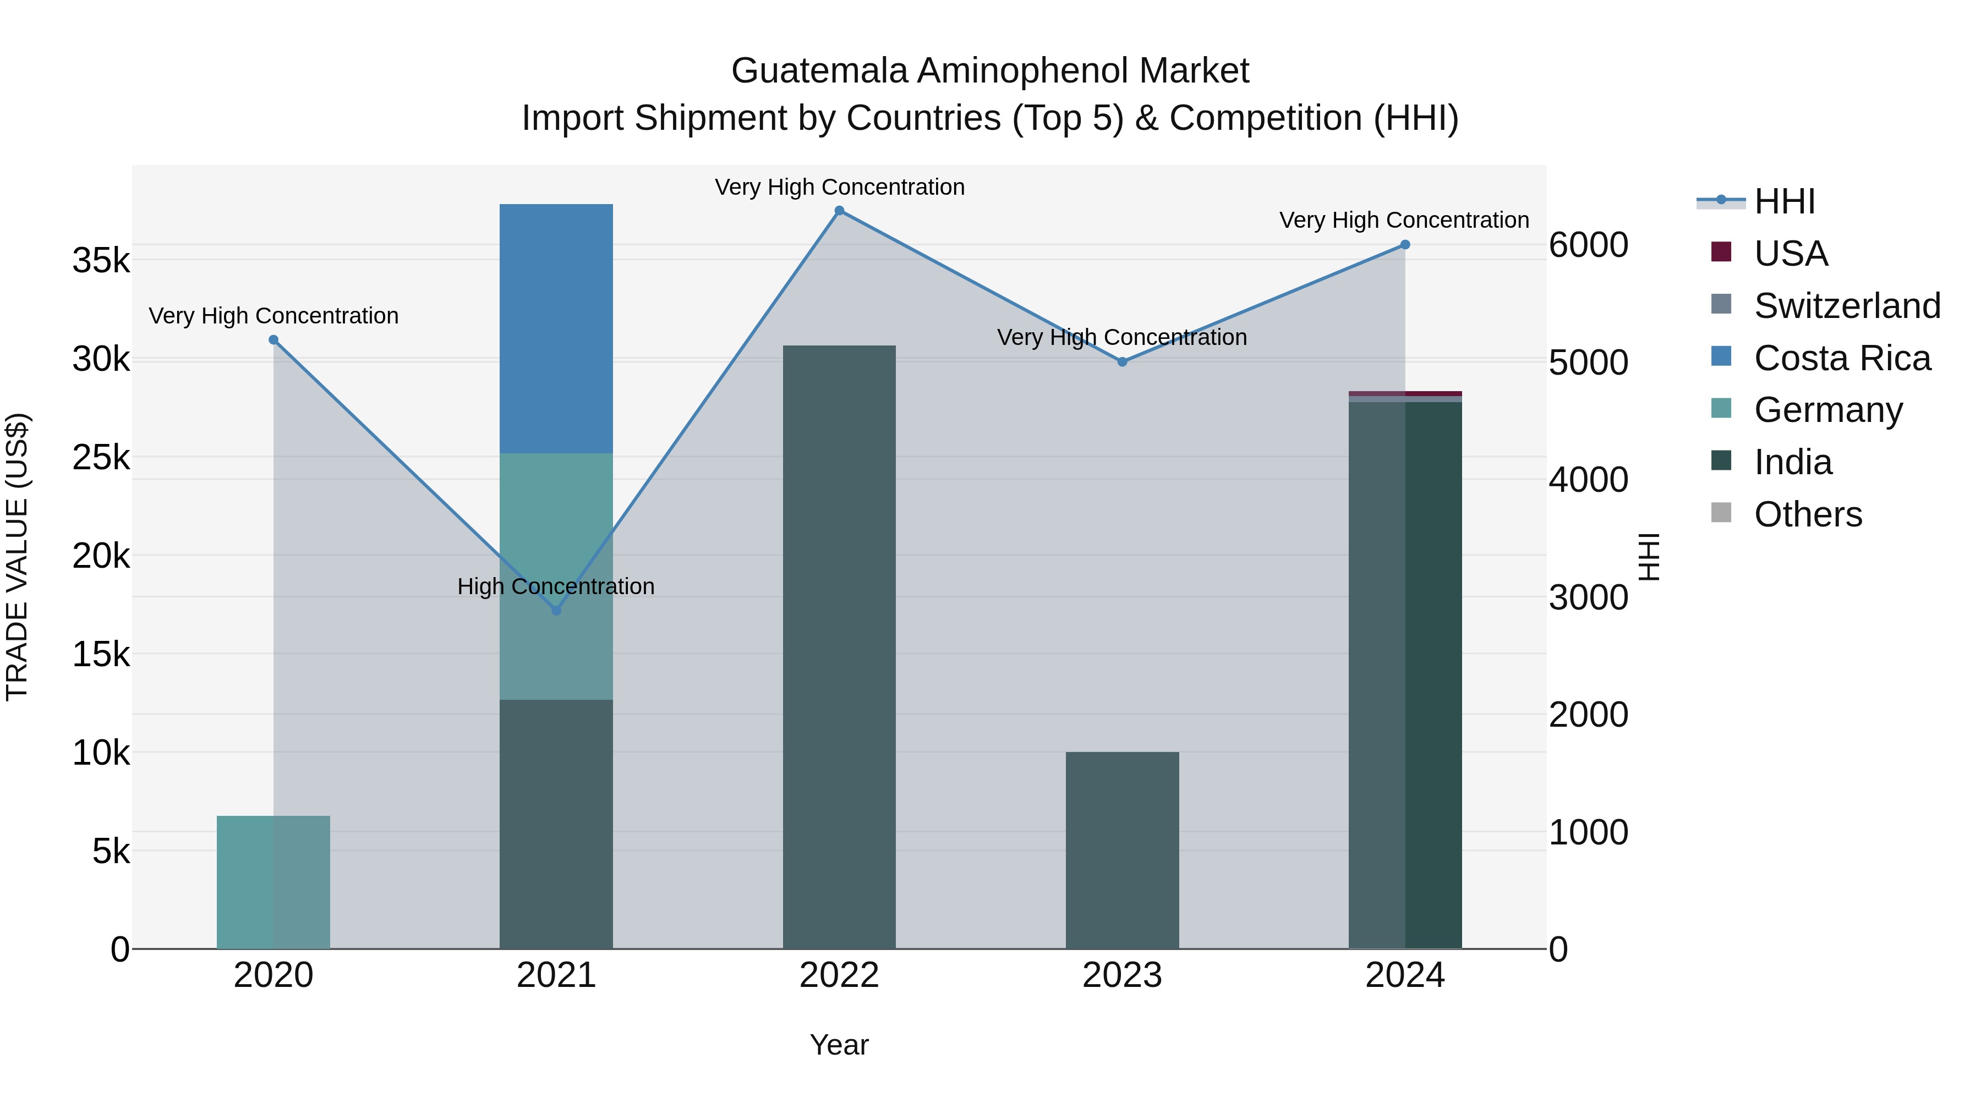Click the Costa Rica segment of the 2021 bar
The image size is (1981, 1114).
(556, 328)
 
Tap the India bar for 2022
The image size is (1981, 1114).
(839, 646)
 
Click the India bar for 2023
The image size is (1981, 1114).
(1122, 849)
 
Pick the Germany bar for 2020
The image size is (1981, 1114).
(273, 882)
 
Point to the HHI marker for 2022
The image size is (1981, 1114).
(839, 211)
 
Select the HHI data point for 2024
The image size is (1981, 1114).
(1405, 244)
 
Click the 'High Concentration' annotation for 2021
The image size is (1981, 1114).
(556, 586)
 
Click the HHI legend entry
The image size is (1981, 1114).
(1784, 201)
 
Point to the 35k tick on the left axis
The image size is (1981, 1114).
(101, 261)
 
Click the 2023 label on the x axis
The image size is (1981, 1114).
(1122, 975)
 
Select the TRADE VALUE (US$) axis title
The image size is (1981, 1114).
(17, 557)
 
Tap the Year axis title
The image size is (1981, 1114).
(839, 1045)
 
